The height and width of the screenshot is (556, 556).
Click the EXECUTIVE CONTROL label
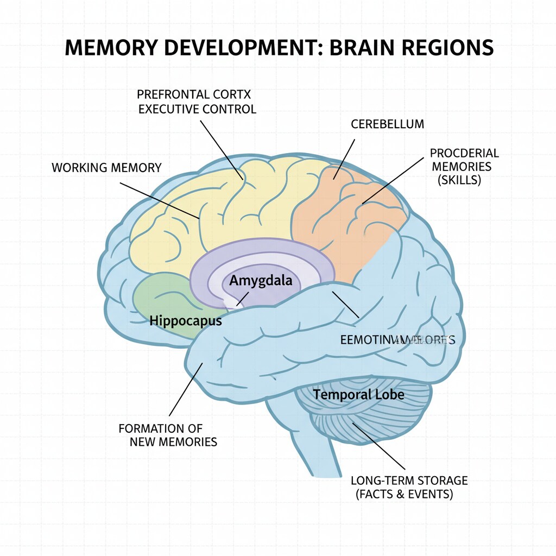[x=197, y=109]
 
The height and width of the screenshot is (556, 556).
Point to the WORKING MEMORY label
[x=106, y=167]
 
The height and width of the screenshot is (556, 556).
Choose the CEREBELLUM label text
[x=387, y=124]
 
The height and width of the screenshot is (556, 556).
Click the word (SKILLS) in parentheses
[x=459, y=181]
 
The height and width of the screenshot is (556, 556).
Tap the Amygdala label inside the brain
[x=261, y=281]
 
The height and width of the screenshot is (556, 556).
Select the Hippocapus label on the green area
[x=186, y=321]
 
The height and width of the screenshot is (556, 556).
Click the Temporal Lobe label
[x=359, y=394]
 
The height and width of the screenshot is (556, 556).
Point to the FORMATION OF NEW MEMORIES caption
[x=168, y=435]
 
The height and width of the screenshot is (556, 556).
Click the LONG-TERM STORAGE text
[x=409, y=481]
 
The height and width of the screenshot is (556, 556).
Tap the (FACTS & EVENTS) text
[x=404, y=495]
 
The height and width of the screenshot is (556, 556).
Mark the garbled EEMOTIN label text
[x=397, y=340]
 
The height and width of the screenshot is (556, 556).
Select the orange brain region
[x=347, y=217]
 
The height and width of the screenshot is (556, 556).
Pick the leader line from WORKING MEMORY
[x=160, y=200]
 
